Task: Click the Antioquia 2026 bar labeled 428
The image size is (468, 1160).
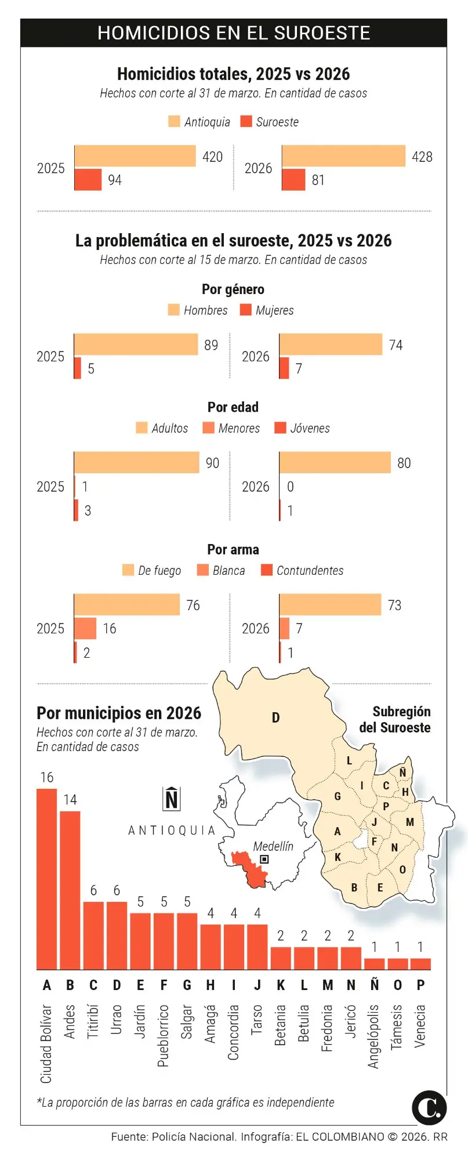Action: [x=343, y=156]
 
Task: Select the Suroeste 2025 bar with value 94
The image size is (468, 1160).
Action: [x=88, y=180]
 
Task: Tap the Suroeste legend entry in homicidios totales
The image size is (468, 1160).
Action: [x=270, y=122]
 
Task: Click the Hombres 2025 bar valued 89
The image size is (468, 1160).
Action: [x=136, y=345]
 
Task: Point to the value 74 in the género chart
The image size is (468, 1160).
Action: [x=396, y=345]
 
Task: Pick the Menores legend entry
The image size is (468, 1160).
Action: [x=231, y=428]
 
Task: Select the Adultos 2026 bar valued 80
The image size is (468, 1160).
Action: [x=335, y=463]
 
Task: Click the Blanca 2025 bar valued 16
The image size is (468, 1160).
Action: [x=85, y=628]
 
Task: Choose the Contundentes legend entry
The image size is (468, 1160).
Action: [x=302, y=570]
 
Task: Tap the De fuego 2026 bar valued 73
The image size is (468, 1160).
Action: [x=330, y=605]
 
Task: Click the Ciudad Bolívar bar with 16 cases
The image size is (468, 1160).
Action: [x=47, y=879]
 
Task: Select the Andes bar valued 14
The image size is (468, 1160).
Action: [x=70, y=890]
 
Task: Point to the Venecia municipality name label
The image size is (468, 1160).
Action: [x=420, y=1026]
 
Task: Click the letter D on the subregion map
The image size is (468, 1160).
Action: [x=276, y=717]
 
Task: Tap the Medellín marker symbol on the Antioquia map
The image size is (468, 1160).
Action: [x=264, y=859]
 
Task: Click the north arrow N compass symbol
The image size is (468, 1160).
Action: [x=172, y=799]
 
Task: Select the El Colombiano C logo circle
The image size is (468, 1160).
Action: [x=429, y=1107]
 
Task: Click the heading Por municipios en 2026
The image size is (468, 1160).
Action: [x=119, y=713]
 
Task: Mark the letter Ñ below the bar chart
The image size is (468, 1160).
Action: [x=375, y=985]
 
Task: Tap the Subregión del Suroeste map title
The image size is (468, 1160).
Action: [x=395, y=719]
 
